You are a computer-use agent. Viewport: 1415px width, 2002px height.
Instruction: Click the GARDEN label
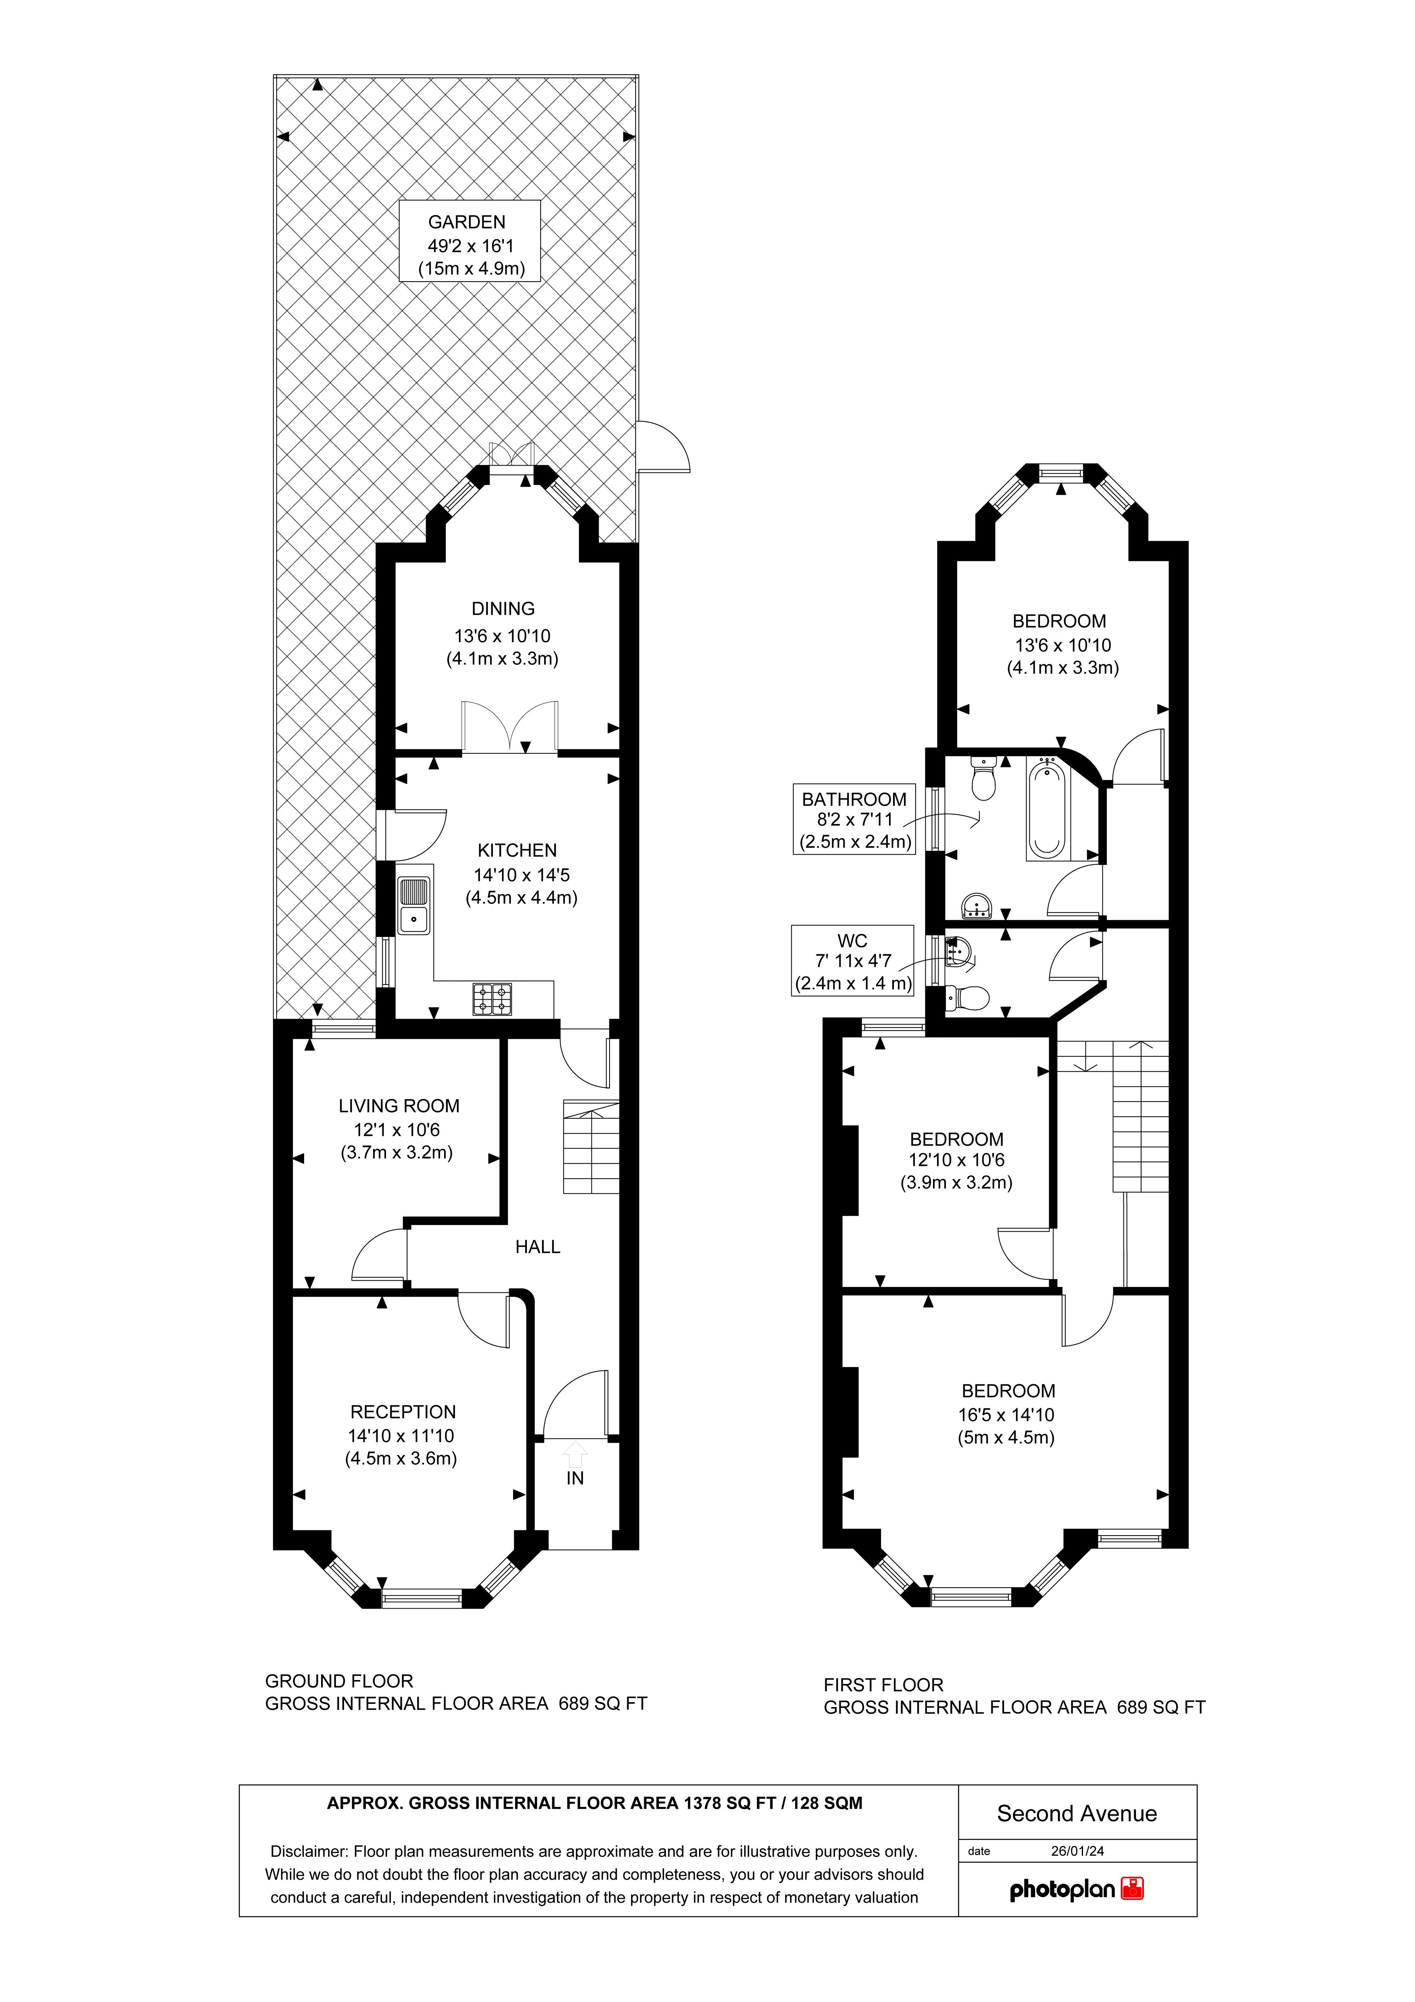click(466, 222)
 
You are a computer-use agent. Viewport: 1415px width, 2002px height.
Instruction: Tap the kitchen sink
click(414, 905)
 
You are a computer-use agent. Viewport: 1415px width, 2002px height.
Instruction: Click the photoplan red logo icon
click(1133, 1889)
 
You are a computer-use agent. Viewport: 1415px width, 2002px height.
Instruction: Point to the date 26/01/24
click(1078, 1850)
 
